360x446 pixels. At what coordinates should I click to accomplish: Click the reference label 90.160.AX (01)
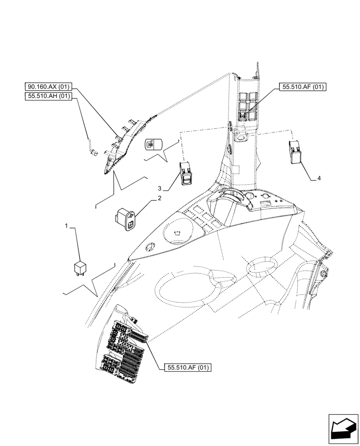(x=49, y=88)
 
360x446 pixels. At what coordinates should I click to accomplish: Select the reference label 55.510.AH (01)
(x=49, y=96)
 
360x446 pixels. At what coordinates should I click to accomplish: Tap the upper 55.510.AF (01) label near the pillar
(x=303, y=87)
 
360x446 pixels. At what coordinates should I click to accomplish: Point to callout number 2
(x=159, y=198)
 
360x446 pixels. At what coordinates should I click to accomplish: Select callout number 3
(x=159, y=188)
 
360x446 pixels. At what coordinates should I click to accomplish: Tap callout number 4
(x=319, y=178)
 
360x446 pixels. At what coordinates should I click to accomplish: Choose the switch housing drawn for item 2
(x=127, y=221)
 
